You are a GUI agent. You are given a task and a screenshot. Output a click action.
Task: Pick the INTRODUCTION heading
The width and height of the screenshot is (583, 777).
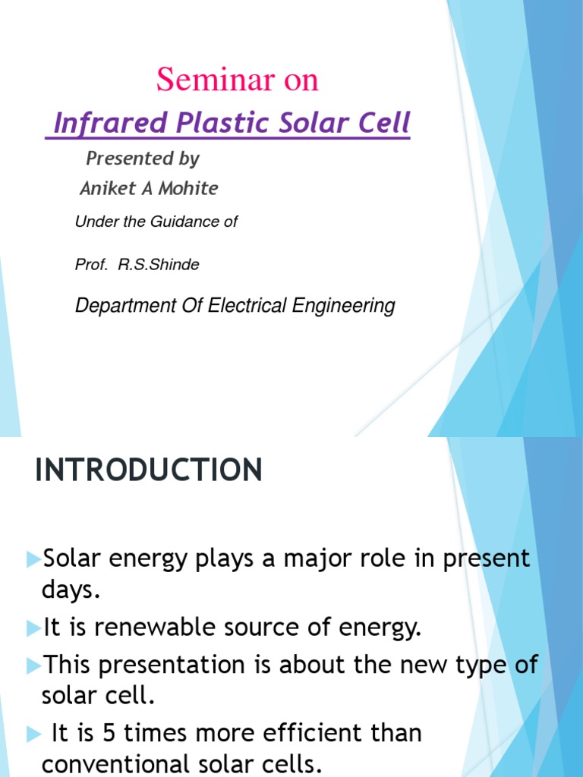[149, 470]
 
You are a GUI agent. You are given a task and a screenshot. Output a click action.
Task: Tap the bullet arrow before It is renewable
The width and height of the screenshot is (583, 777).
[33, 628]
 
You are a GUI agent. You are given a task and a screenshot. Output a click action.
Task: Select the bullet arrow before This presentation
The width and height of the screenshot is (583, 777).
[33, 665]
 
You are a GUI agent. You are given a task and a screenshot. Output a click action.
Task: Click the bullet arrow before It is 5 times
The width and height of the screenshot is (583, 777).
[33, 734]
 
